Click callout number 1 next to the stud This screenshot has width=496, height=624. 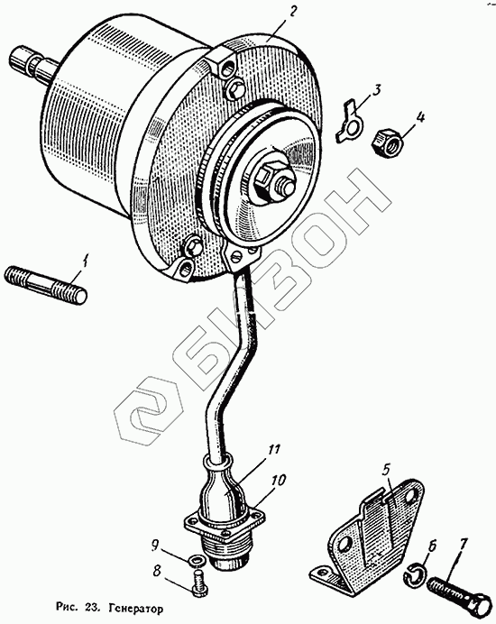(x=85, y=262)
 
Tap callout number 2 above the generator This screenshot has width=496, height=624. (x=291, y=13)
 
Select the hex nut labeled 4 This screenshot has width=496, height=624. (x=387, y=141)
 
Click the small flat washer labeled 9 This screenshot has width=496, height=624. (x=197, y=561)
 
